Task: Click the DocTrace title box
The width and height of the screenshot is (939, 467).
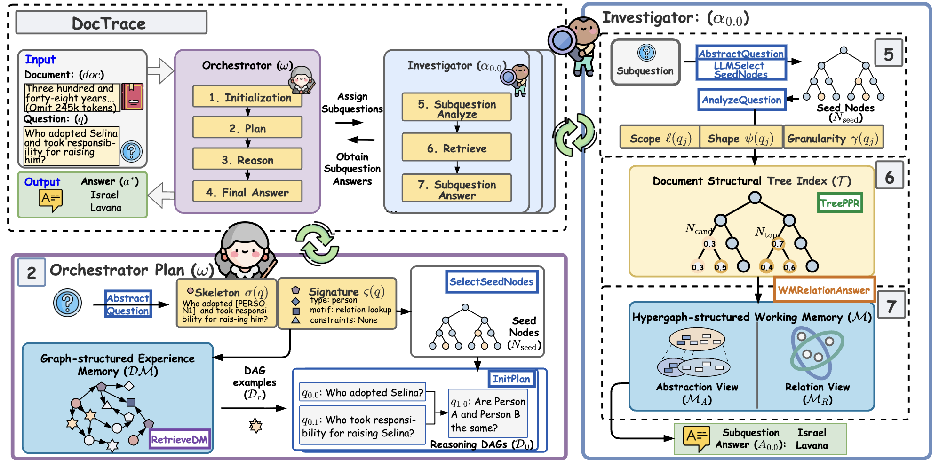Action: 111,23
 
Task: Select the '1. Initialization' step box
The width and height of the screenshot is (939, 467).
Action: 247,97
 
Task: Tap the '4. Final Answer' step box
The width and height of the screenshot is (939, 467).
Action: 247,192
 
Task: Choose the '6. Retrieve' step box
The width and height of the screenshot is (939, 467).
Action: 456,148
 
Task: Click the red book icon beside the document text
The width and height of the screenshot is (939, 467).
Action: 132,97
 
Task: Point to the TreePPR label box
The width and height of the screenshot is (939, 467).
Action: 840,203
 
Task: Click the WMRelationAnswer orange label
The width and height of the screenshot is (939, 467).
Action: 824,290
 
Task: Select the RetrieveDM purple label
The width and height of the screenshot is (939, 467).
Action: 179,439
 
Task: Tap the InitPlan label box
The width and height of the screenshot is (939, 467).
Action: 511,379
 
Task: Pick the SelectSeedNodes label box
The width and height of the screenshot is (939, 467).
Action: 492,281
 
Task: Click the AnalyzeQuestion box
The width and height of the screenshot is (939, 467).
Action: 741,100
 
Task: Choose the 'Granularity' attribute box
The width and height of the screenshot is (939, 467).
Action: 833,138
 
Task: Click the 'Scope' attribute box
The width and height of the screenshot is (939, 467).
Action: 660,138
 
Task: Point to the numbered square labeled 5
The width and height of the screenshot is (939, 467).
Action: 889,54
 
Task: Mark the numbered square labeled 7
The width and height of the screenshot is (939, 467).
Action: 891,305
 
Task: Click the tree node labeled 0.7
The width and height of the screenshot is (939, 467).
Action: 778,243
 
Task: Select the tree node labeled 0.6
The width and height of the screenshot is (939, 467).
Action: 789,266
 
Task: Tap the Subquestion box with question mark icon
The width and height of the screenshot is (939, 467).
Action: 645,62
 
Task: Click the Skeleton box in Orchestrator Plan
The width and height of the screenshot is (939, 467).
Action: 226,303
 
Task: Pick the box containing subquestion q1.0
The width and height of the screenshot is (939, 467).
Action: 488,413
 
